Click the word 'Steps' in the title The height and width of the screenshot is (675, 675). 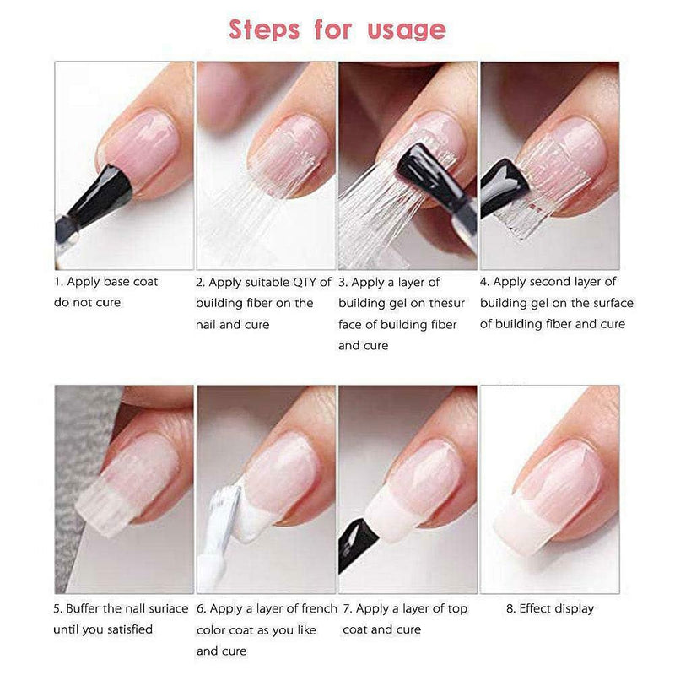(265, 30)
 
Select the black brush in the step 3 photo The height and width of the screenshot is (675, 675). (422, 173)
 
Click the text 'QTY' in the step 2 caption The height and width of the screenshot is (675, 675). (300, 282)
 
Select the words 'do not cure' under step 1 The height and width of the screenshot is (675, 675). (87, 302)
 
